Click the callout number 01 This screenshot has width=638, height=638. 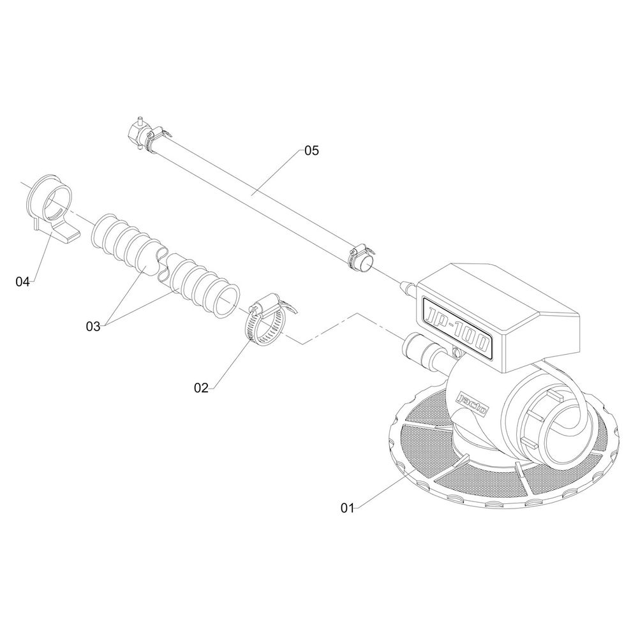pos(347,508)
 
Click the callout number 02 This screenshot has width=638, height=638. pos(201,388)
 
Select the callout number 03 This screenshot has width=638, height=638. pos(93,326)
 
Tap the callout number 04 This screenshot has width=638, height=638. pos(23,281)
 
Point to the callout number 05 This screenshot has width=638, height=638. pos(312,151)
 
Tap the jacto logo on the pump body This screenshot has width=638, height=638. pos(472,403)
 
